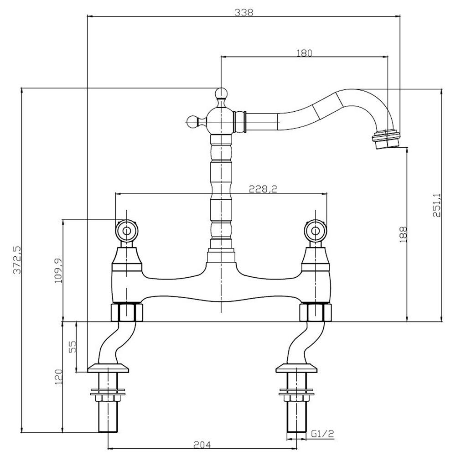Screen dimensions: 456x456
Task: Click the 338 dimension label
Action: pyautogui.click(x=244, y=13)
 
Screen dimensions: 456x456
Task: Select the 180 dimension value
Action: pyautogui.click(x=304, y=52)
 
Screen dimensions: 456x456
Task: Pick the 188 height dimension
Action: pyautogui.click(x=403, y=234)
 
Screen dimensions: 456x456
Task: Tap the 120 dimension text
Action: pyautogui.click(x=58, y=377)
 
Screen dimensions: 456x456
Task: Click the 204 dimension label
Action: pyautogui.click(x=202, y=444)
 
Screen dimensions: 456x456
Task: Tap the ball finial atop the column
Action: pyautogui.click(x=221, y=94)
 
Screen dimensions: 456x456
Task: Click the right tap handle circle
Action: pyautogui.click(x=316, y=230)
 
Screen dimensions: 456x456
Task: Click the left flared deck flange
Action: pyautogui.click(x=109, y=368)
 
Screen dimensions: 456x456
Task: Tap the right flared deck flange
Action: pyautogui.click(x=296, y=368)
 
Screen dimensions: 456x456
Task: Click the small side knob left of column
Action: pyautogui.click(x=193, y=120)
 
